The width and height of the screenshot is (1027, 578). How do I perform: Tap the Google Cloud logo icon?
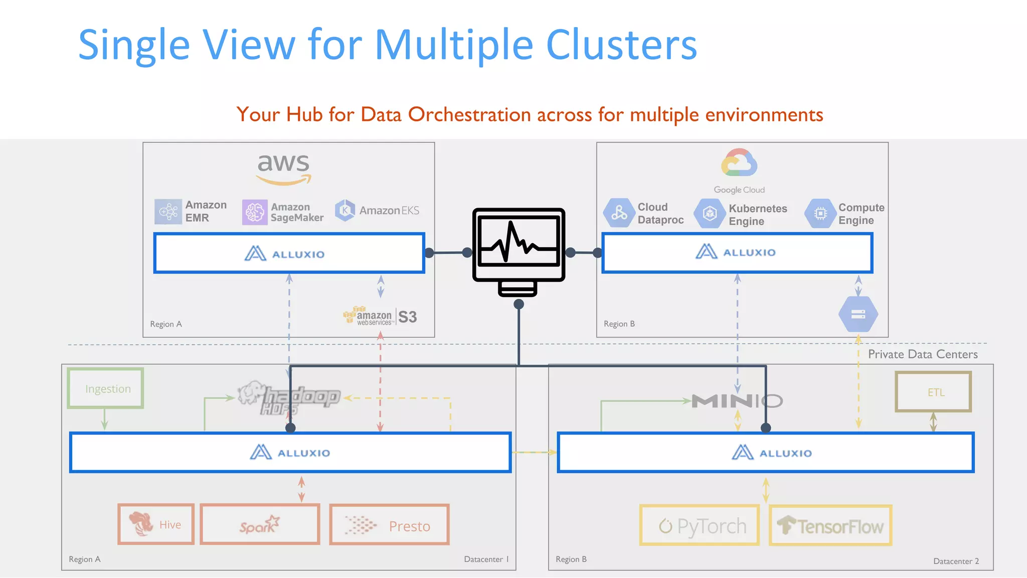[x=739, y=163]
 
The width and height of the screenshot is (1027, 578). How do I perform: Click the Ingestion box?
[x=106, y=388]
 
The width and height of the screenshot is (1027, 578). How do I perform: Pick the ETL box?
[x=933, y=392]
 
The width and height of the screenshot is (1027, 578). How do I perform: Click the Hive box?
[x=156, y=524]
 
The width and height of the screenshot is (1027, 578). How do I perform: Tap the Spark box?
[x=260, y=524]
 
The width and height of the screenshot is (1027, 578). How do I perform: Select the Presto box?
[x=389, y=525]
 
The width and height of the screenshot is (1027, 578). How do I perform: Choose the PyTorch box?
[x=700, y=525]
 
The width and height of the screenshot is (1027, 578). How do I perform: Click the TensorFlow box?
[x=830, y=526]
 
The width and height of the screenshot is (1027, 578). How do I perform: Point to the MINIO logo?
[x=737, y=400]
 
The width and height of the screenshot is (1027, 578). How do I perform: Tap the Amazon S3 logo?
[x=380, y=317]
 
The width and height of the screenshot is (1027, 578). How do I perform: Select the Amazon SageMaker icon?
[x=255, y=212]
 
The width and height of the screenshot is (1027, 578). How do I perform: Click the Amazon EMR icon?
[x=168, y=211]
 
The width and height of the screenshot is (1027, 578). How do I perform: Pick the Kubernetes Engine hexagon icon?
[x=709, y=214]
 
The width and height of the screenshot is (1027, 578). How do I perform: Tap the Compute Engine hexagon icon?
[x=820, y=214]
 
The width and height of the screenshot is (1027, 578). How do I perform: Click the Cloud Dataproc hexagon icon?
[x=619, y=213]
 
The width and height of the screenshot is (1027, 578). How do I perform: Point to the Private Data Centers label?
[x=923, y=354]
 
